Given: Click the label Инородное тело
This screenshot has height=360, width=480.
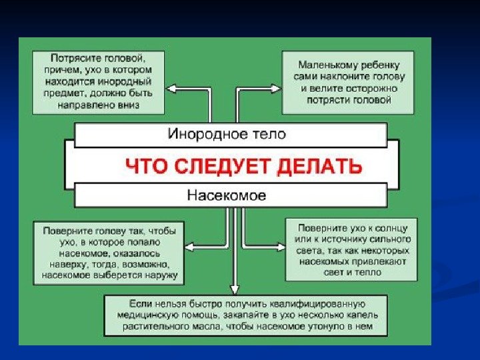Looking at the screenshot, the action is coord(226,134).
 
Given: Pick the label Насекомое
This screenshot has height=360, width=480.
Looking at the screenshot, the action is coord(227,195).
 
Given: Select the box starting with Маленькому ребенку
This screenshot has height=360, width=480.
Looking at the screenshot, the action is coord(349,81).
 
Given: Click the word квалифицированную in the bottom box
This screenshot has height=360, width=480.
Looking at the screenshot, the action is coord(325,304).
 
